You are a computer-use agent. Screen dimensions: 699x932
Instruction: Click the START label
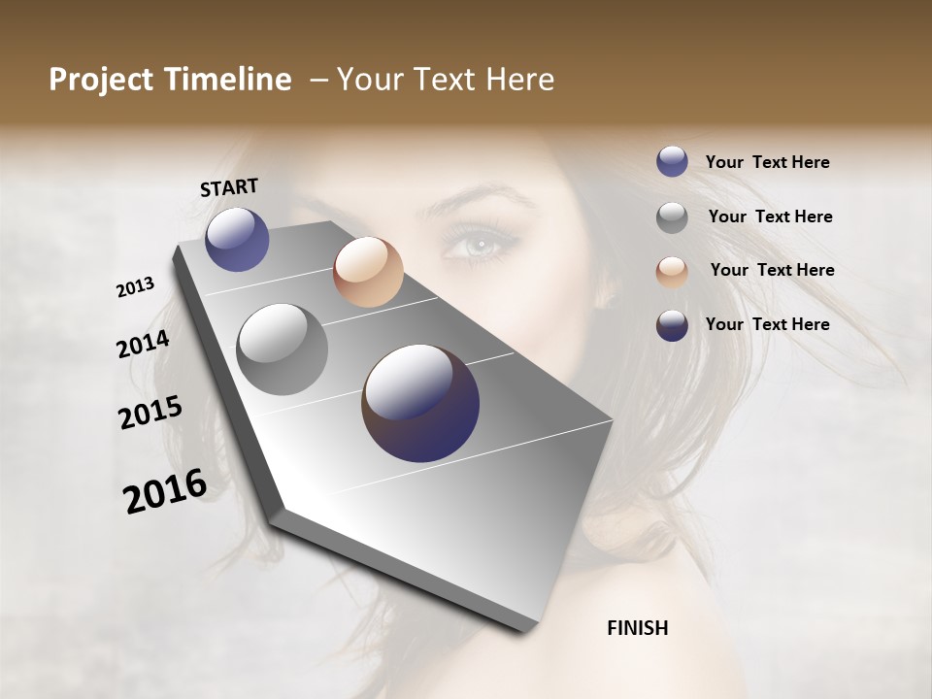click(x=229, y=187)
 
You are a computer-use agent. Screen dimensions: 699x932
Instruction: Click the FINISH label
click(x=637, y=628)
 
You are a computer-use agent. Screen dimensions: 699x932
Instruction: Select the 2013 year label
click(x=135, y=287)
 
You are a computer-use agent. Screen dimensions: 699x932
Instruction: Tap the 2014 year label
click(x=143, y=345)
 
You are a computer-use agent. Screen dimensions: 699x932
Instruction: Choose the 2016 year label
click(x=165, y=490)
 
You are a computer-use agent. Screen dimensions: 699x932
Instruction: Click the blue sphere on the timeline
click(x=237, y=239)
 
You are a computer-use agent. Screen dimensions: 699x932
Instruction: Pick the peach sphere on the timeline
click(x=368, y=272)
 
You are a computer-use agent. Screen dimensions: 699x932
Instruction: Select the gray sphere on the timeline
click(x=283, y=349)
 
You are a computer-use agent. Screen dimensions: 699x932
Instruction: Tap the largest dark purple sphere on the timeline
click(x=420, y=403)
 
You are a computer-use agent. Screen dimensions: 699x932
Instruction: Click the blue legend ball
click(x=672, y=161)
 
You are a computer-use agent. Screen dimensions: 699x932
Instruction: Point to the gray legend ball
click(x=672, y=217)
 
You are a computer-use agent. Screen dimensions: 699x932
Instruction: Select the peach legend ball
click(x=672, y=272)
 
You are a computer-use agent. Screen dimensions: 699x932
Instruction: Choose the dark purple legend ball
click(x=672, y=325)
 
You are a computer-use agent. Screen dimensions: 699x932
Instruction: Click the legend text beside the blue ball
click(x=767, y=163)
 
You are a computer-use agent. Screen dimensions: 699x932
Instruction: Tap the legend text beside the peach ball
click(x=772, y=270)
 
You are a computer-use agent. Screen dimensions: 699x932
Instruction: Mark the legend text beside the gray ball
click(x=770, y=216)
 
